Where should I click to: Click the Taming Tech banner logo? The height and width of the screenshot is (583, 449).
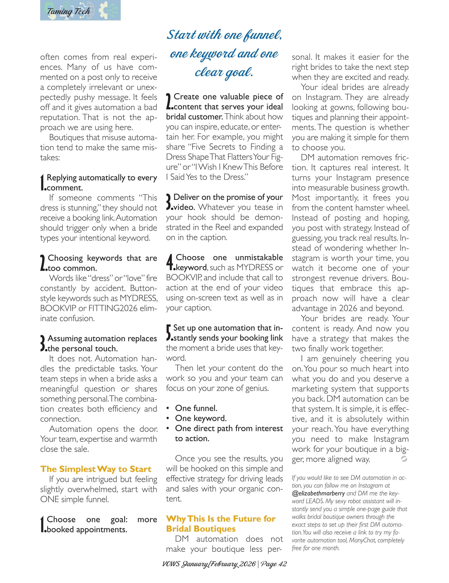click(x=80, y=10)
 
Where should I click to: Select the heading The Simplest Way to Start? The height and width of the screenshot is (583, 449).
click(x=96, y=469)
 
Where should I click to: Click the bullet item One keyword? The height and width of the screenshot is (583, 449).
click(x=201, y=418)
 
